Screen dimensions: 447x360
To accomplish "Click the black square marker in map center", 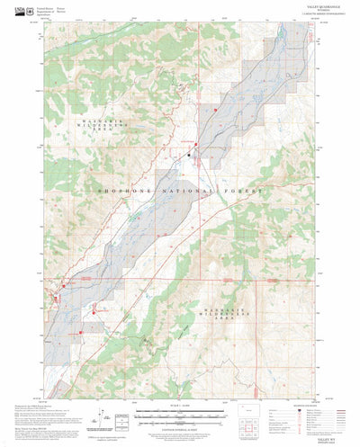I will tap(189, 156).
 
